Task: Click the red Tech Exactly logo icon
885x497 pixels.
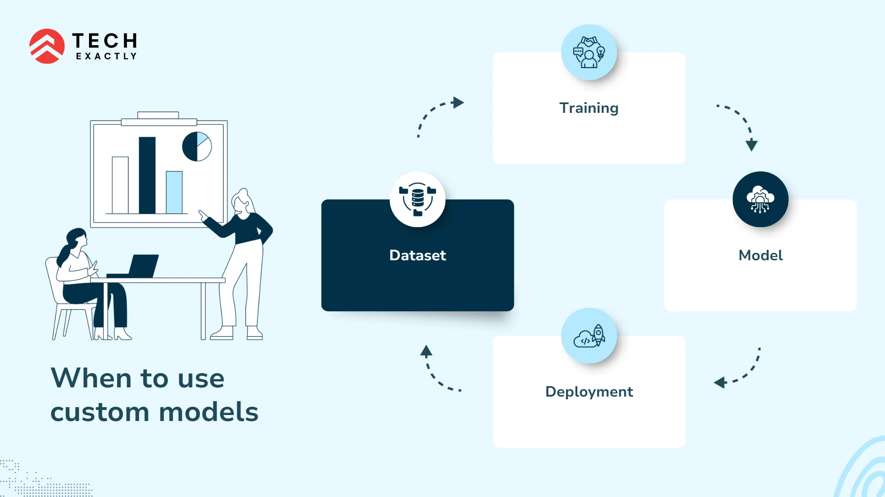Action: tap(47, 46)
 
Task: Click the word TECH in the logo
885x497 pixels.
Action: tap(105, 41)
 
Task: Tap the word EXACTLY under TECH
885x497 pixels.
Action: tap(106, 56)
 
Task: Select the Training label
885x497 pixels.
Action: tap(588, 108)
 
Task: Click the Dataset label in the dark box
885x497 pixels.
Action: tap(417, 255)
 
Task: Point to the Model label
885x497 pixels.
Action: tap(760, 255)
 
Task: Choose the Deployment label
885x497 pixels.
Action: tap(588, 392)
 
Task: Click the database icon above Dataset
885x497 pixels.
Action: tap(417, 199)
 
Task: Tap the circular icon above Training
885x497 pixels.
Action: tap(588, 52)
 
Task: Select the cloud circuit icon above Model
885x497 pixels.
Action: tap(760, 199)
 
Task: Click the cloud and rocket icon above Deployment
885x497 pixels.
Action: tap(588, 336)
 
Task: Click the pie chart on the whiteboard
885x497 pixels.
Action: tap(197, 146)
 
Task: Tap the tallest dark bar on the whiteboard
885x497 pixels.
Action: tap(147, 175)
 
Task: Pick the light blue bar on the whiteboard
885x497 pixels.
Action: tap(174, 193)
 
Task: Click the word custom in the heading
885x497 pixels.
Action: tap(100, 412)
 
